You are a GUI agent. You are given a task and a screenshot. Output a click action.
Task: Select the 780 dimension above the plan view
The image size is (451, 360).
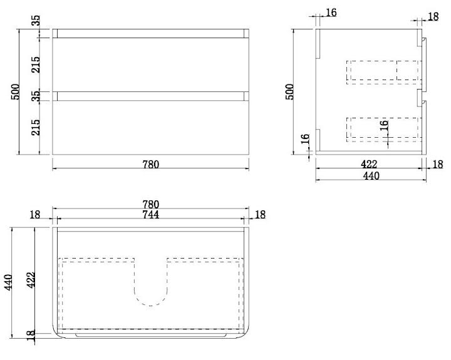point(150,204)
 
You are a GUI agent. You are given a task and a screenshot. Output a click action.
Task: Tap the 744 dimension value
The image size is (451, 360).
point(150,215)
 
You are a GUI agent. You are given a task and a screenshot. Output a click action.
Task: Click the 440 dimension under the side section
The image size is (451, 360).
point(371,176)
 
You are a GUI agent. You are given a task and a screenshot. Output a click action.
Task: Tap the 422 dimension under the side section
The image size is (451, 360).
point(369,165)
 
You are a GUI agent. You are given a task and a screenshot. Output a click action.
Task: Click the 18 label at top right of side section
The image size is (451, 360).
point(432,17)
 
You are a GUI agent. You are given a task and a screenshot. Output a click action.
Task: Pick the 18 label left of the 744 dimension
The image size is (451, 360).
point(34,215)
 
